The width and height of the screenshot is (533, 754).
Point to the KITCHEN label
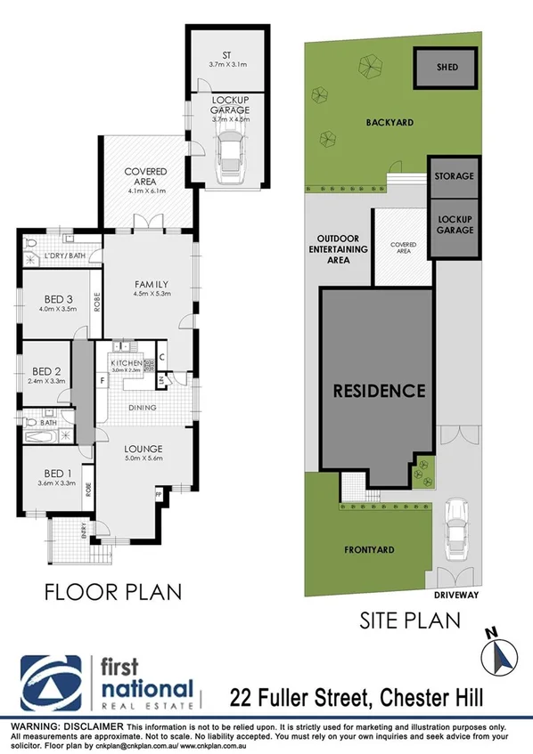127,364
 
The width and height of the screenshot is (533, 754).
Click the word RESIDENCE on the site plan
380,391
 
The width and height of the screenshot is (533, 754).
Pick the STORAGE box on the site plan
454,176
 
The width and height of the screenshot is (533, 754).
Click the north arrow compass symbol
498,656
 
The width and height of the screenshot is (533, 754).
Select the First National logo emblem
53,683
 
